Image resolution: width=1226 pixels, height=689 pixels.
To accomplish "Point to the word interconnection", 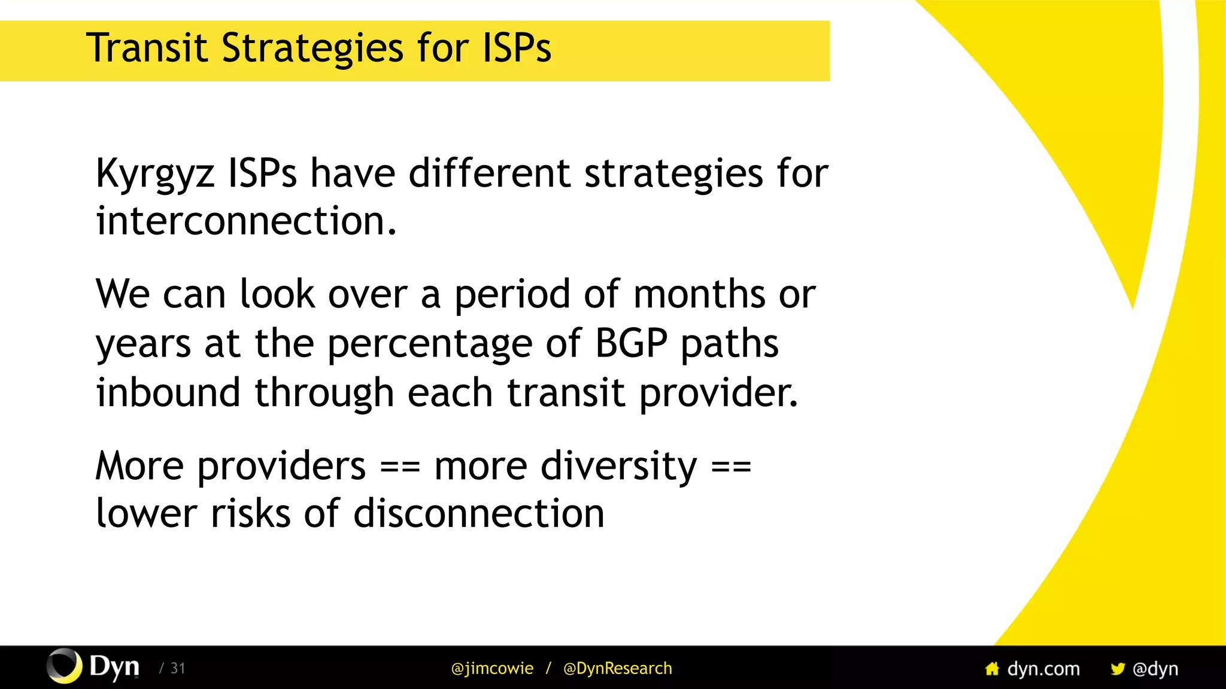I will pyautogui.click(x=245, y=221).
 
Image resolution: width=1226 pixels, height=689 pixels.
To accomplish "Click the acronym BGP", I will pyautogui.click(x=631, y=344).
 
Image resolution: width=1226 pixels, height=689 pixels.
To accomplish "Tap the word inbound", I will pyautogui.click(x=168, y=392).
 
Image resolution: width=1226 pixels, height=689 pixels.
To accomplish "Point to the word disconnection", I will pyautogui.click(x=479, y=514).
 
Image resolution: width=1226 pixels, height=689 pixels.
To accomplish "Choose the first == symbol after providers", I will pyautogui.click(x=400, y=467).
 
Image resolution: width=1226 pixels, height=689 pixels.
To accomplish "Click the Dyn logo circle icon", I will pyautogui.click(x=64, y=666).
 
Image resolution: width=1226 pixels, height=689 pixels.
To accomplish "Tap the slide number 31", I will pyautogui.click(x=178, y=669).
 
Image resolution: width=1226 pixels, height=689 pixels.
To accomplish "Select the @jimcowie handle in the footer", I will pyautogui.click(x=492, y=669).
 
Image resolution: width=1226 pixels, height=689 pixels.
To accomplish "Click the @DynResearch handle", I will pyautogui.click(x=617, y=669).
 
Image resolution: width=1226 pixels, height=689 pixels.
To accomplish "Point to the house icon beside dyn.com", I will pyautogui.click(x=992, y=669).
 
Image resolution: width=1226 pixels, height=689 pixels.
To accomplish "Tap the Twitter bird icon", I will pyautogui.click(x=1117, y=669).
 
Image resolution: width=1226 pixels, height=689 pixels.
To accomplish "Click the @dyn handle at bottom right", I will pyautogui.click(x=1155, y=669).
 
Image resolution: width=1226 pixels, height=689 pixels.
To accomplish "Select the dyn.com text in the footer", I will pyautogui.click(x=1043, y=669).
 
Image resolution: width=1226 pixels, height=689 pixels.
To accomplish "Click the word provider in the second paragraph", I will pyautogui.click(x=718, y=394).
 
